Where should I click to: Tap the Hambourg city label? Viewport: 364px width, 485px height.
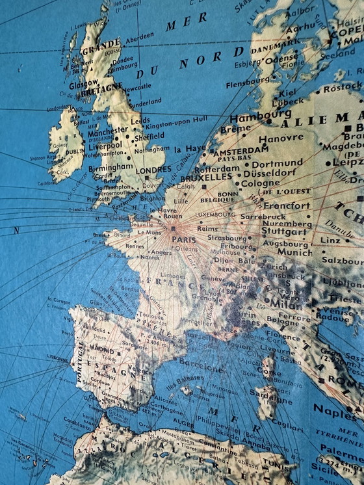pyautogui.click(x=251, y=119)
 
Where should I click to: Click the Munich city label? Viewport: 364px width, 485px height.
pyautogui.click(x=294, y=252)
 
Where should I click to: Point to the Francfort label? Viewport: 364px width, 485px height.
pyautogui.click(x=286, y=205)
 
